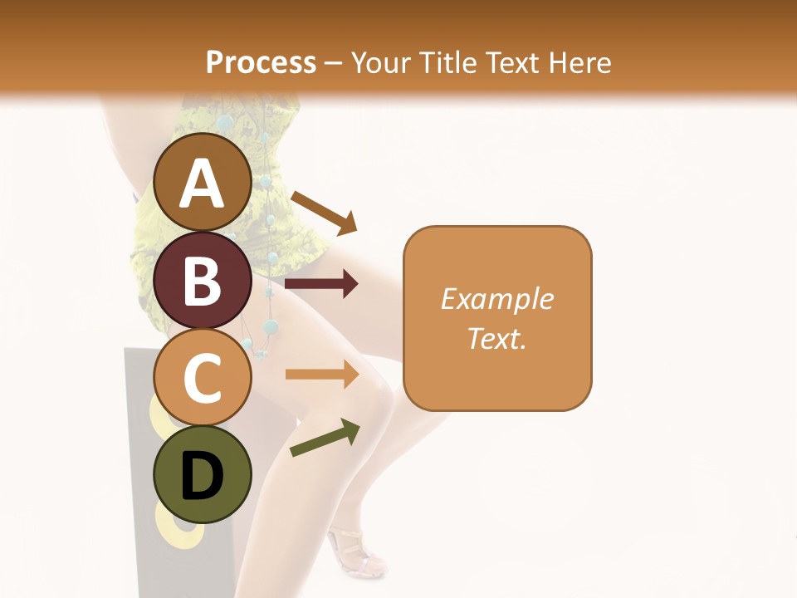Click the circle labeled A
[x=203, y=184]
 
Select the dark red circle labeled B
[x=203, y=281]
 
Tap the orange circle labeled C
[x=203, y=378]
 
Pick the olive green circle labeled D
[x=203, y=474]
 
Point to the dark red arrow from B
[x=321, y=284]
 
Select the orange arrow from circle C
[x=322, y=375]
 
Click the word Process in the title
[x=261, y=63]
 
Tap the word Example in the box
[x=497, y=299]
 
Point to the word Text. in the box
[x=497, y=338]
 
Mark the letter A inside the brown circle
[x=203, y=184]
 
